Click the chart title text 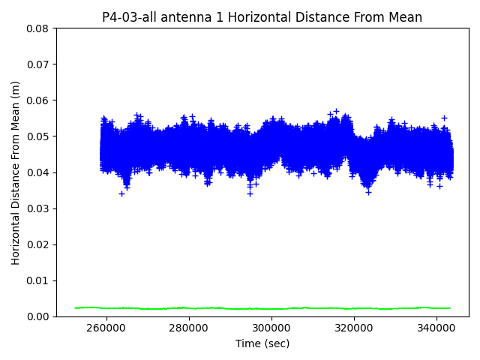262,17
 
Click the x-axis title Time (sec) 262,343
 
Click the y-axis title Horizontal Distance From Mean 16,172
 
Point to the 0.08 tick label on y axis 37,28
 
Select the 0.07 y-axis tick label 37,64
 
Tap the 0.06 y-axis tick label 37,100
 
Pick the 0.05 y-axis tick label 37,136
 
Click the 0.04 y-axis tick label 37,172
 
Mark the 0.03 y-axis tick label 37,208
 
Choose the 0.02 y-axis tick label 37,244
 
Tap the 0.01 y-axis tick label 37,280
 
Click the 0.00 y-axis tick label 37,316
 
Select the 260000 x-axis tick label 106,328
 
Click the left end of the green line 76,307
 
